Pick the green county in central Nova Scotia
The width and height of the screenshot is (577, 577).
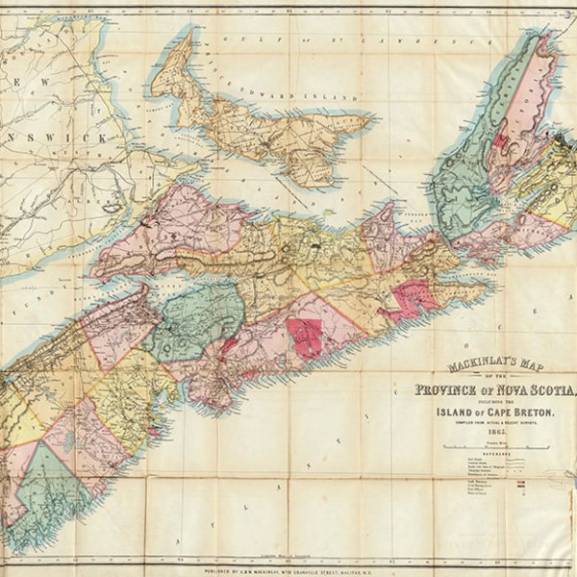197,317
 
